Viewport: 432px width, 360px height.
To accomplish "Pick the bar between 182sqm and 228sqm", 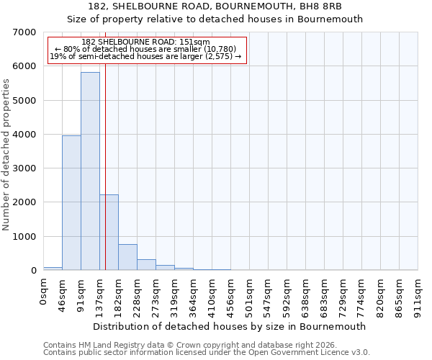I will point(127,257).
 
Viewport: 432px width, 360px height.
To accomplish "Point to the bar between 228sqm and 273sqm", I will point(146,264).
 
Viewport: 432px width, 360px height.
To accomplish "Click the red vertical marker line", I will point(105,144).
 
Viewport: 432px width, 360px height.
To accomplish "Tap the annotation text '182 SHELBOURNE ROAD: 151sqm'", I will point(145,42).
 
